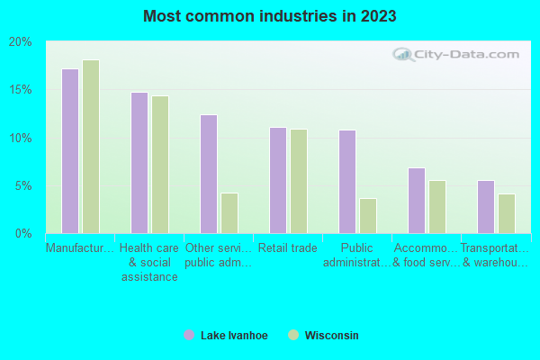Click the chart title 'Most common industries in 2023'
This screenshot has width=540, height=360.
269,16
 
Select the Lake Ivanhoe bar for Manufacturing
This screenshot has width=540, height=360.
70,151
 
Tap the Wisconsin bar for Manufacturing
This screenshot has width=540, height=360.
91,147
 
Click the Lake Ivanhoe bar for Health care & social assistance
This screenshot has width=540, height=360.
139,163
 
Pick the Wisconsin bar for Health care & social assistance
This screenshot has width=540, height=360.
160,165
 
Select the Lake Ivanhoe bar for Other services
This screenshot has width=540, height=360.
209,174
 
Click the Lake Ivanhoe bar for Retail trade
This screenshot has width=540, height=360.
278,180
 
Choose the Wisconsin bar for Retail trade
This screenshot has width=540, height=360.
299,181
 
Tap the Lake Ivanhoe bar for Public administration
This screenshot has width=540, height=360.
347,182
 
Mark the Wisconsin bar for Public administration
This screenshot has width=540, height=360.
368,216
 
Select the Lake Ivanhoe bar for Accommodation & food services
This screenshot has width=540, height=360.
417,201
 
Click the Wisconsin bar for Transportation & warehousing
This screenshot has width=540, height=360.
507,213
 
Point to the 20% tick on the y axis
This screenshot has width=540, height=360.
21,42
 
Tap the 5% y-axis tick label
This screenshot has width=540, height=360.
23,186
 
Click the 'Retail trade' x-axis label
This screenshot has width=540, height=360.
288,247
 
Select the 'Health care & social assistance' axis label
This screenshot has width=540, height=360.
149,262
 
